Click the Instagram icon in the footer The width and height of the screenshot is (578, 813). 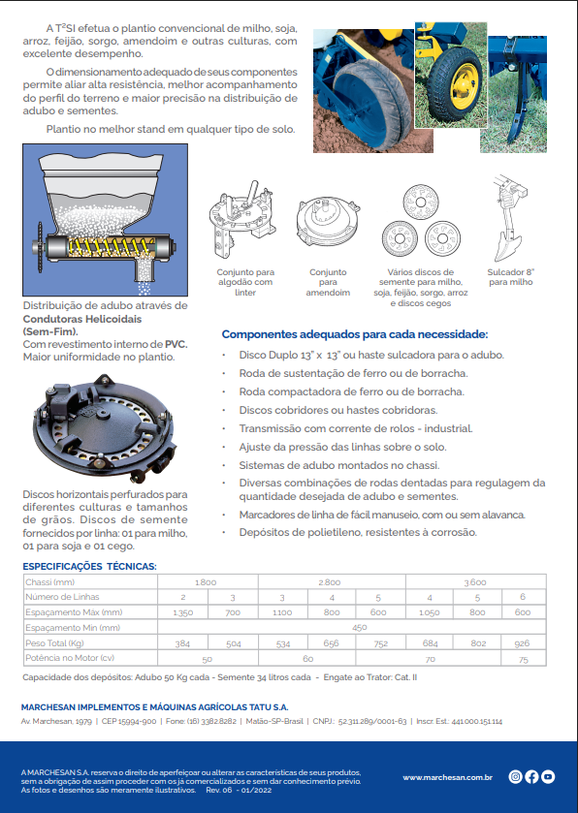515,776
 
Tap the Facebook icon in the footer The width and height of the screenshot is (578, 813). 531,776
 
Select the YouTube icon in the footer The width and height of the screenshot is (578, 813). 548,776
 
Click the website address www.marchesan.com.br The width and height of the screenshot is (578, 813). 448,777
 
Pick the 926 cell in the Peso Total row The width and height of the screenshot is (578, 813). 522,642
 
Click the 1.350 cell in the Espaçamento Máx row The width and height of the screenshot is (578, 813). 182,612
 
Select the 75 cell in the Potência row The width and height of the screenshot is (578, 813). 523,660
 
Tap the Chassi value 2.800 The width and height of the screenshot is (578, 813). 330,582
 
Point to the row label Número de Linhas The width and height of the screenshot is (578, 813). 62,597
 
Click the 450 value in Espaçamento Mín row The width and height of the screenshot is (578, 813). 360,627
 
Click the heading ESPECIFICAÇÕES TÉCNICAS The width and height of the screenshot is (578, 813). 89,566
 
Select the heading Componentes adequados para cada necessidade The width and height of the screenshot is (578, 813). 355,334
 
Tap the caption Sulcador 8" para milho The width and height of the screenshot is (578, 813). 510,277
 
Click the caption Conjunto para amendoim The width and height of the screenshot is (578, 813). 328,282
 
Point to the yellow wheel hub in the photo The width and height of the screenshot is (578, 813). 464,85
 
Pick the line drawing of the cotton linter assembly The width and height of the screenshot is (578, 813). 242,221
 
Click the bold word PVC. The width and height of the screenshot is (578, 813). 177,344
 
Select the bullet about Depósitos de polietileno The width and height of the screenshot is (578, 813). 358,533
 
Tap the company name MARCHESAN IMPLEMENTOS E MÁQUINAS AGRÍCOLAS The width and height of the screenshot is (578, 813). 154,707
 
